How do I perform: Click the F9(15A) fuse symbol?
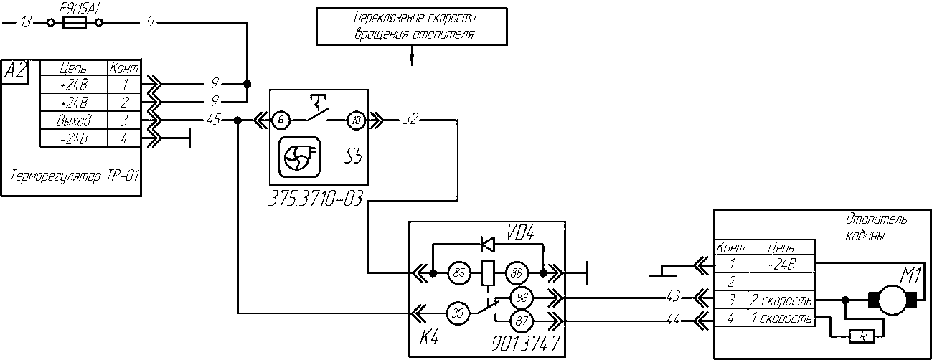click(74, 23)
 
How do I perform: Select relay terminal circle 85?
click(459, 273)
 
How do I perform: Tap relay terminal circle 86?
click(517, 273)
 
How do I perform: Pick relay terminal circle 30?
click(458, 313)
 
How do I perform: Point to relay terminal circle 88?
click(522, 298)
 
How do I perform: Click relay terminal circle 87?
click(522, 321)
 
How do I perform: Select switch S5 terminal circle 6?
click(281, 120)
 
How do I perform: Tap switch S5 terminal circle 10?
click(356, 120)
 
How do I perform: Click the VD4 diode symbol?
click(488, 244)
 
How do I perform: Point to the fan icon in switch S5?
click(300, 158)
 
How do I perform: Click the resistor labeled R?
click(862, 336)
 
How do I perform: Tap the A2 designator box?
click(15, 72)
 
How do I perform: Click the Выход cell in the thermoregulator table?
click(74, 120)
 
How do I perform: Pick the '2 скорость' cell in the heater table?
click(781, 300)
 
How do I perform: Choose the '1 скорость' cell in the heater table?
click(781, 318)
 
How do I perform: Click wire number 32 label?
click(410, 119)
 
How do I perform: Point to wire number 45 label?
click(213, 120)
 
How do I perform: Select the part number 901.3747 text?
click(527, 344)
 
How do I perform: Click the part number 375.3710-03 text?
click(316, 199)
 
